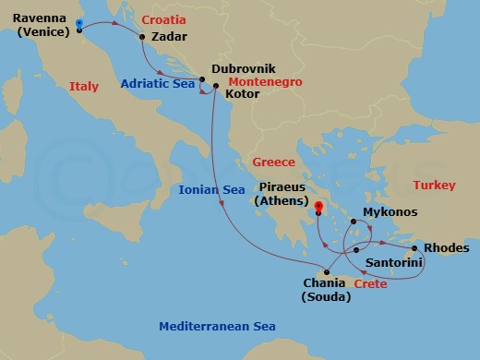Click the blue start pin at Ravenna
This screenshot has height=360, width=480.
point(79,25)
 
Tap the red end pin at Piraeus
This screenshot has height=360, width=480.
point(318,210)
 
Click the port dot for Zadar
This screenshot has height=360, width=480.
point(142,38)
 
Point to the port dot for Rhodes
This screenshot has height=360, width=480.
point(414,248)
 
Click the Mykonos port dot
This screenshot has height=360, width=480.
point(352,222)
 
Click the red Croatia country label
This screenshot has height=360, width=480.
point(162,18)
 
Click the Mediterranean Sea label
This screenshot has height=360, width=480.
point(217,327)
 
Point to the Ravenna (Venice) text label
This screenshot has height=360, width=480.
point(42,24)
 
